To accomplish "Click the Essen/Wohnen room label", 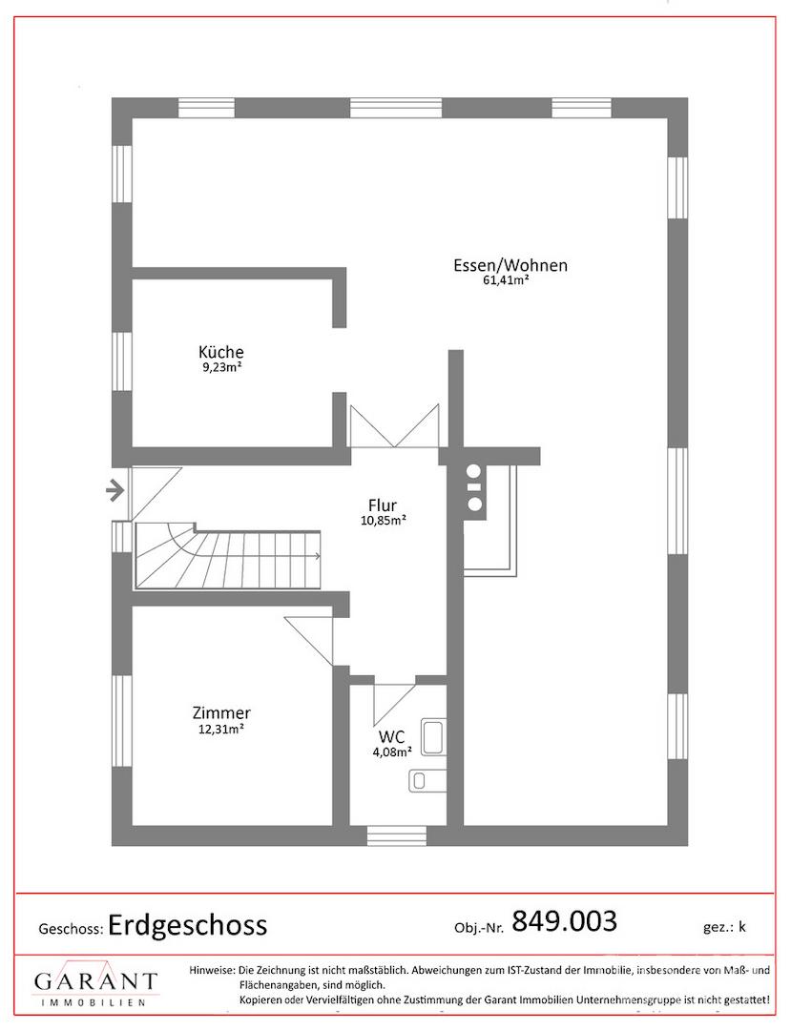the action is (x=510, y=265).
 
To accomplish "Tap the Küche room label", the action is (x=221, y=351).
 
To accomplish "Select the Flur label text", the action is (x=383, y=505).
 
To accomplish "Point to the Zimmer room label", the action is (x=221, y=712).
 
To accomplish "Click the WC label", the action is (x=391, y=736).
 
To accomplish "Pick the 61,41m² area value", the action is (x=506, y=281).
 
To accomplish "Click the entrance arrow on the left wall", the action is (x=114, y=489).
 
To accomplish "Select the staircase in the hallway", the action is (x=228, y=556).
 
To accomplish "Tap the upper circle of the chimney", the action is (x=474, y=470).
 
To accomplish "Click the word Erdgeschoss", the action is (x=187, y=925).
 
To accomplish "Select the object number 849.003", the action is (x=564, y=921).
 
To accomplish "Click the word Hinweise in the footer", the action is (x=212, y=970).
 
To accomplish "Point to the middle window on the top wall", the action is (x=395, y=108).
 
